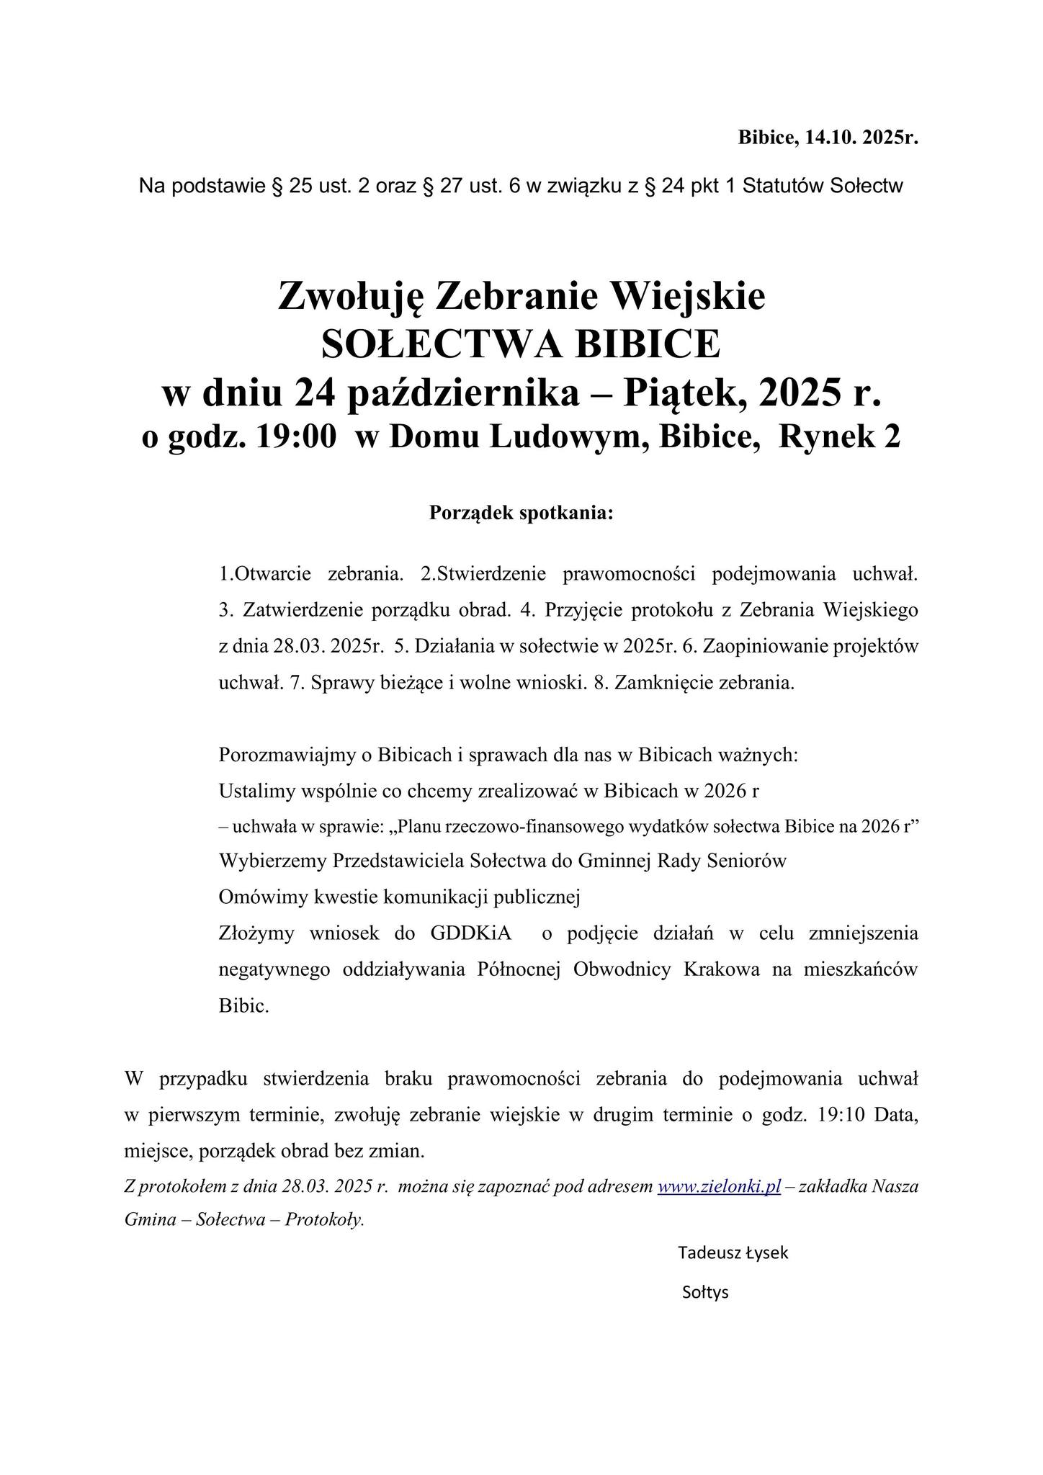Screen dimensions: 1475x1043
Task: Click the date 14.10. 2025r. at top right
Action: click(x=861, y=138)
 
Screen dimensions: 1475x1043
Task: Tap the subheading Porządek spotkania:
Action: click(x=521, y=514)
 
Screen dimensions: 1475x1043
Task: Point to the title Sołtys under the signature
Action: click(x=705, y=1292)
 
